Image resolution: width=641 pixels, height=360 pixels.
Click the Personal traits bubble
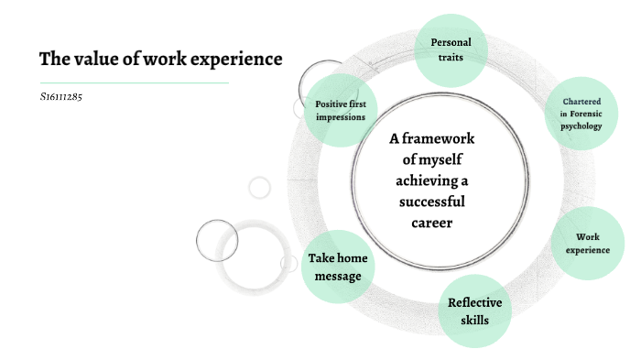pyautogui.click(x=451, y=49)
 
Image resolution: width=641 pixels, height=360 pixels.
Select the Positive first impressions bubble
pyautogui.click(x=340, y=110)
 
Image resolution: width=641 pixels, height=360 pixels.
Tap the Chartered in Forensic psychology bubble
pyautogui.click(x=581, y=115)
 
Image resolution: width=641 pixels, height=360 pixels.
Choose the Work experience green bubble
pyautogui.click(x=587, y=243)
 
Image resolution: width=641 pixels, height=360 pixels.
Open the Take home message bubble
pyautogui.click(x=339, y=267)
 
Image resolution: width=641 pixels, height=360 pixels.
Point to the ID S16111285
pyautogui.click(x=61, y=95)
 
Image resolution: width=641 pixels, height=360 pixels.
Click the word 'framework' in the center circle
pyautogui.click(x=447, y=139)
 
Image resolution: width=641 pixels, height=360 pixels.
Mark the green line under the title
pyautogui.click(x=133, y=82)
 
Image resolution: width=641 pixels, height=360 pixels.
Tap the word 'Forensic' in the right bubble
pyautogui.click(x=587, y=114)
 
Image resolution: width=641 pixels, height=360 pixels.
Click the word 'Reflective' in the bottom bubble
pyautogui.click(x=474, y=303)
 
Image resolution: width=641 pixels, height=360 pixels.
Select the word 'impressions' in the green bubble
pyautogui.click(x=340, y=116)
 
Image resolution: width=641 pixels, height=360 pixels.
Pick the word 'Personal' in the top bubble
pyautogui.click(x=451, y=42)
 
